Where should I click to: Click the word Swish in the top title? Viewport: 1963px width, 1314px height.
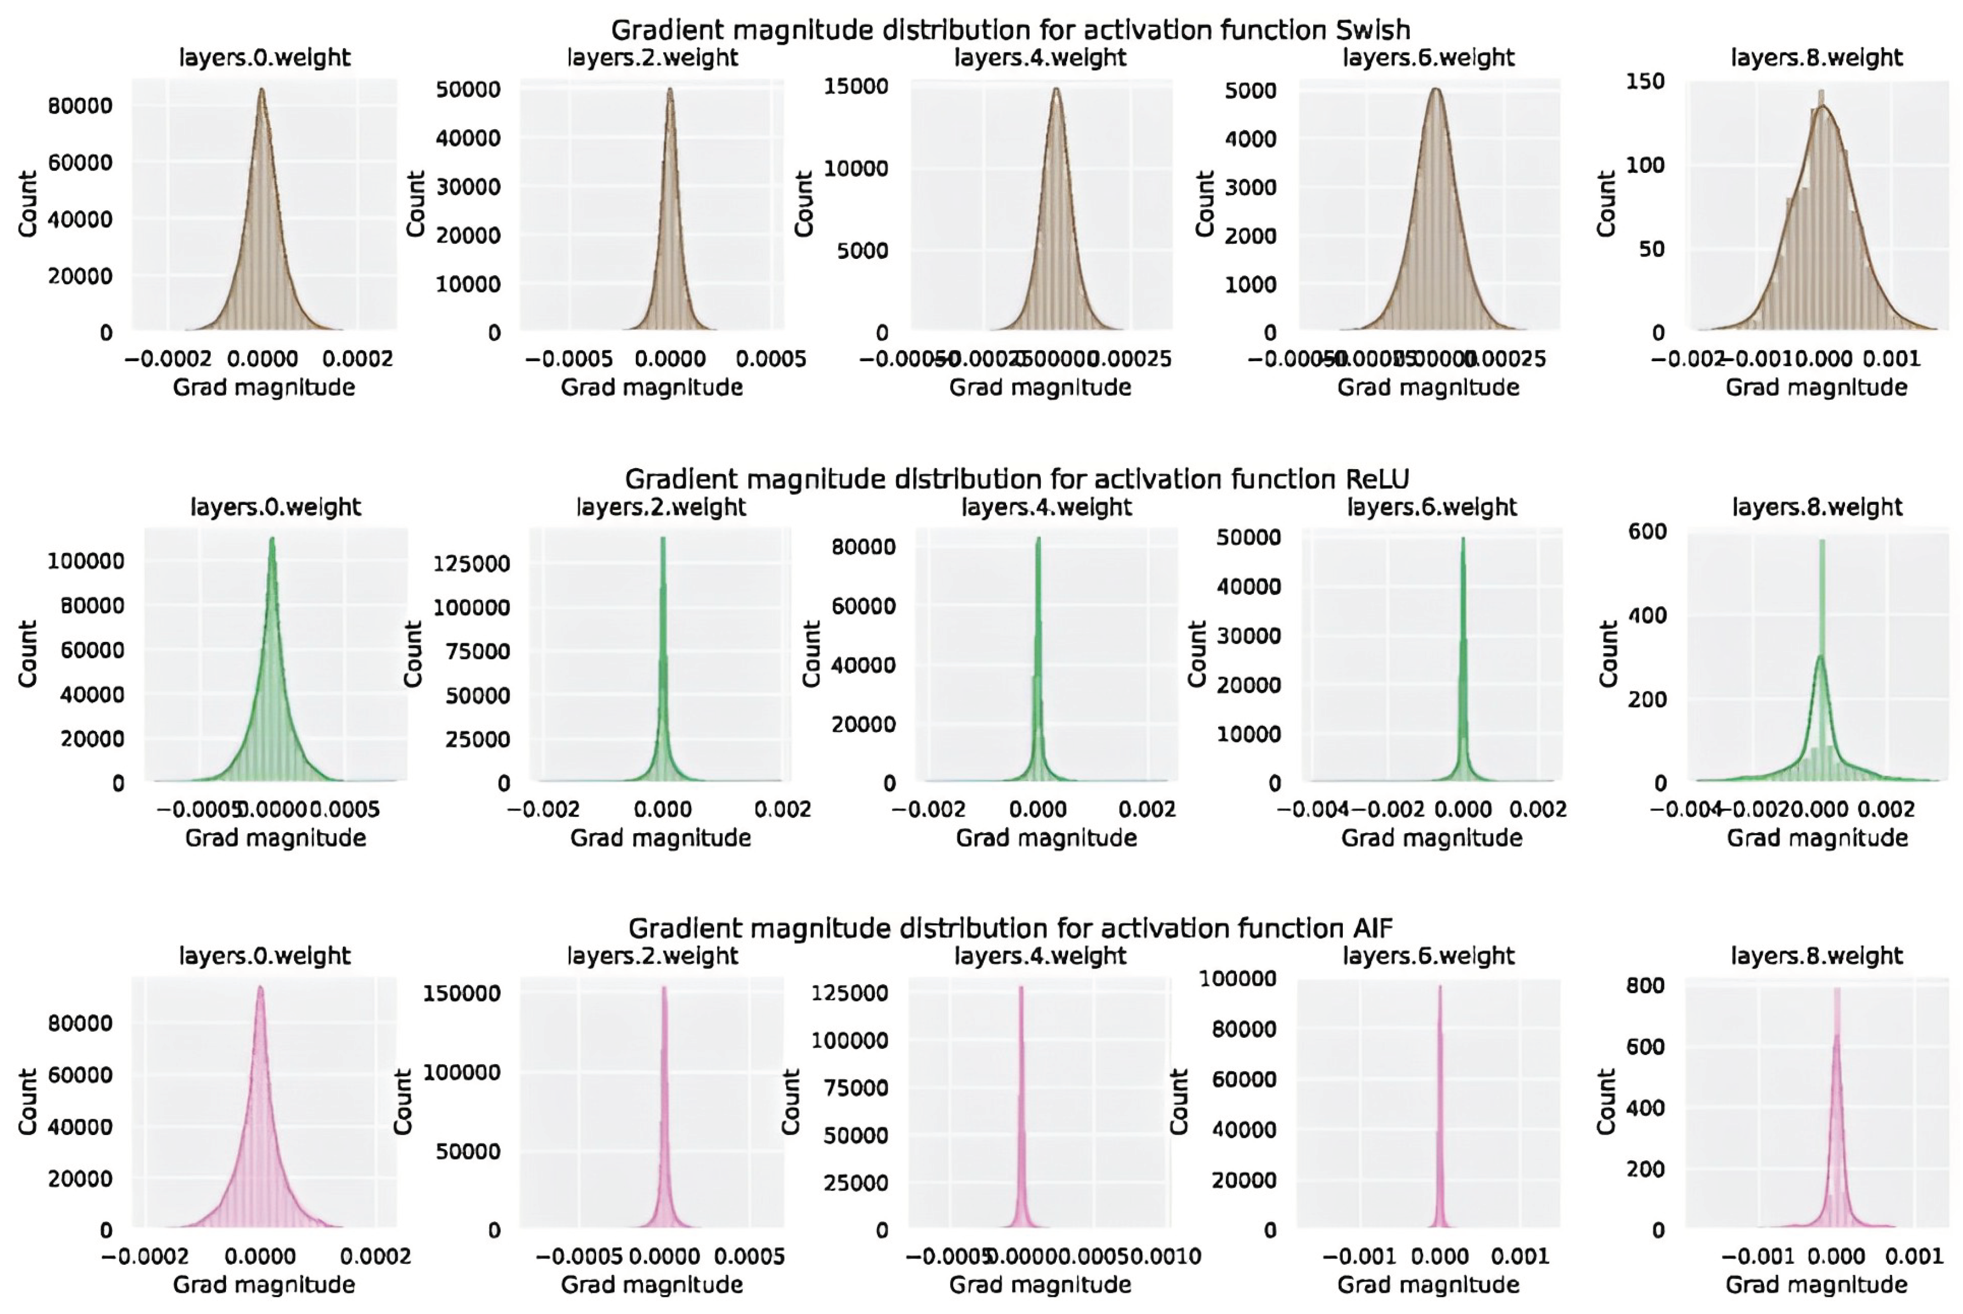tap(1372, 30)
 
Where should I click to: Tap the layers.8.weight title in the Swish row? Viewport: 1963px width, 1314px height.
tap(1816, 58)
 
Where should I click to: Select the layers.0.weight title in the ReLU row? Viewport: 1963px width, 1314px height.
tap(276, 507)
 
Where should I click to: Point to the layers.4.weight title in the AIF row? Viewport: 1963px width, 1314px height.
tap(1040, 956)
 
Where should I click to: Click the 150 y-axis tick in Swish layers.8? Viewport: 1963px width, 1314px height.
tap(1645, 81)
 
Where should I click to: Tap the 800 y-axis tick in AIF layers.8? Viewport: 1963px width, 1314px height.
tap(1645, 985)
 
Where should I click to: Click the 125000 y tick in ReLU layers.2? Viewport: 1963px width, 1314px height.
tap(471, 563)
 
